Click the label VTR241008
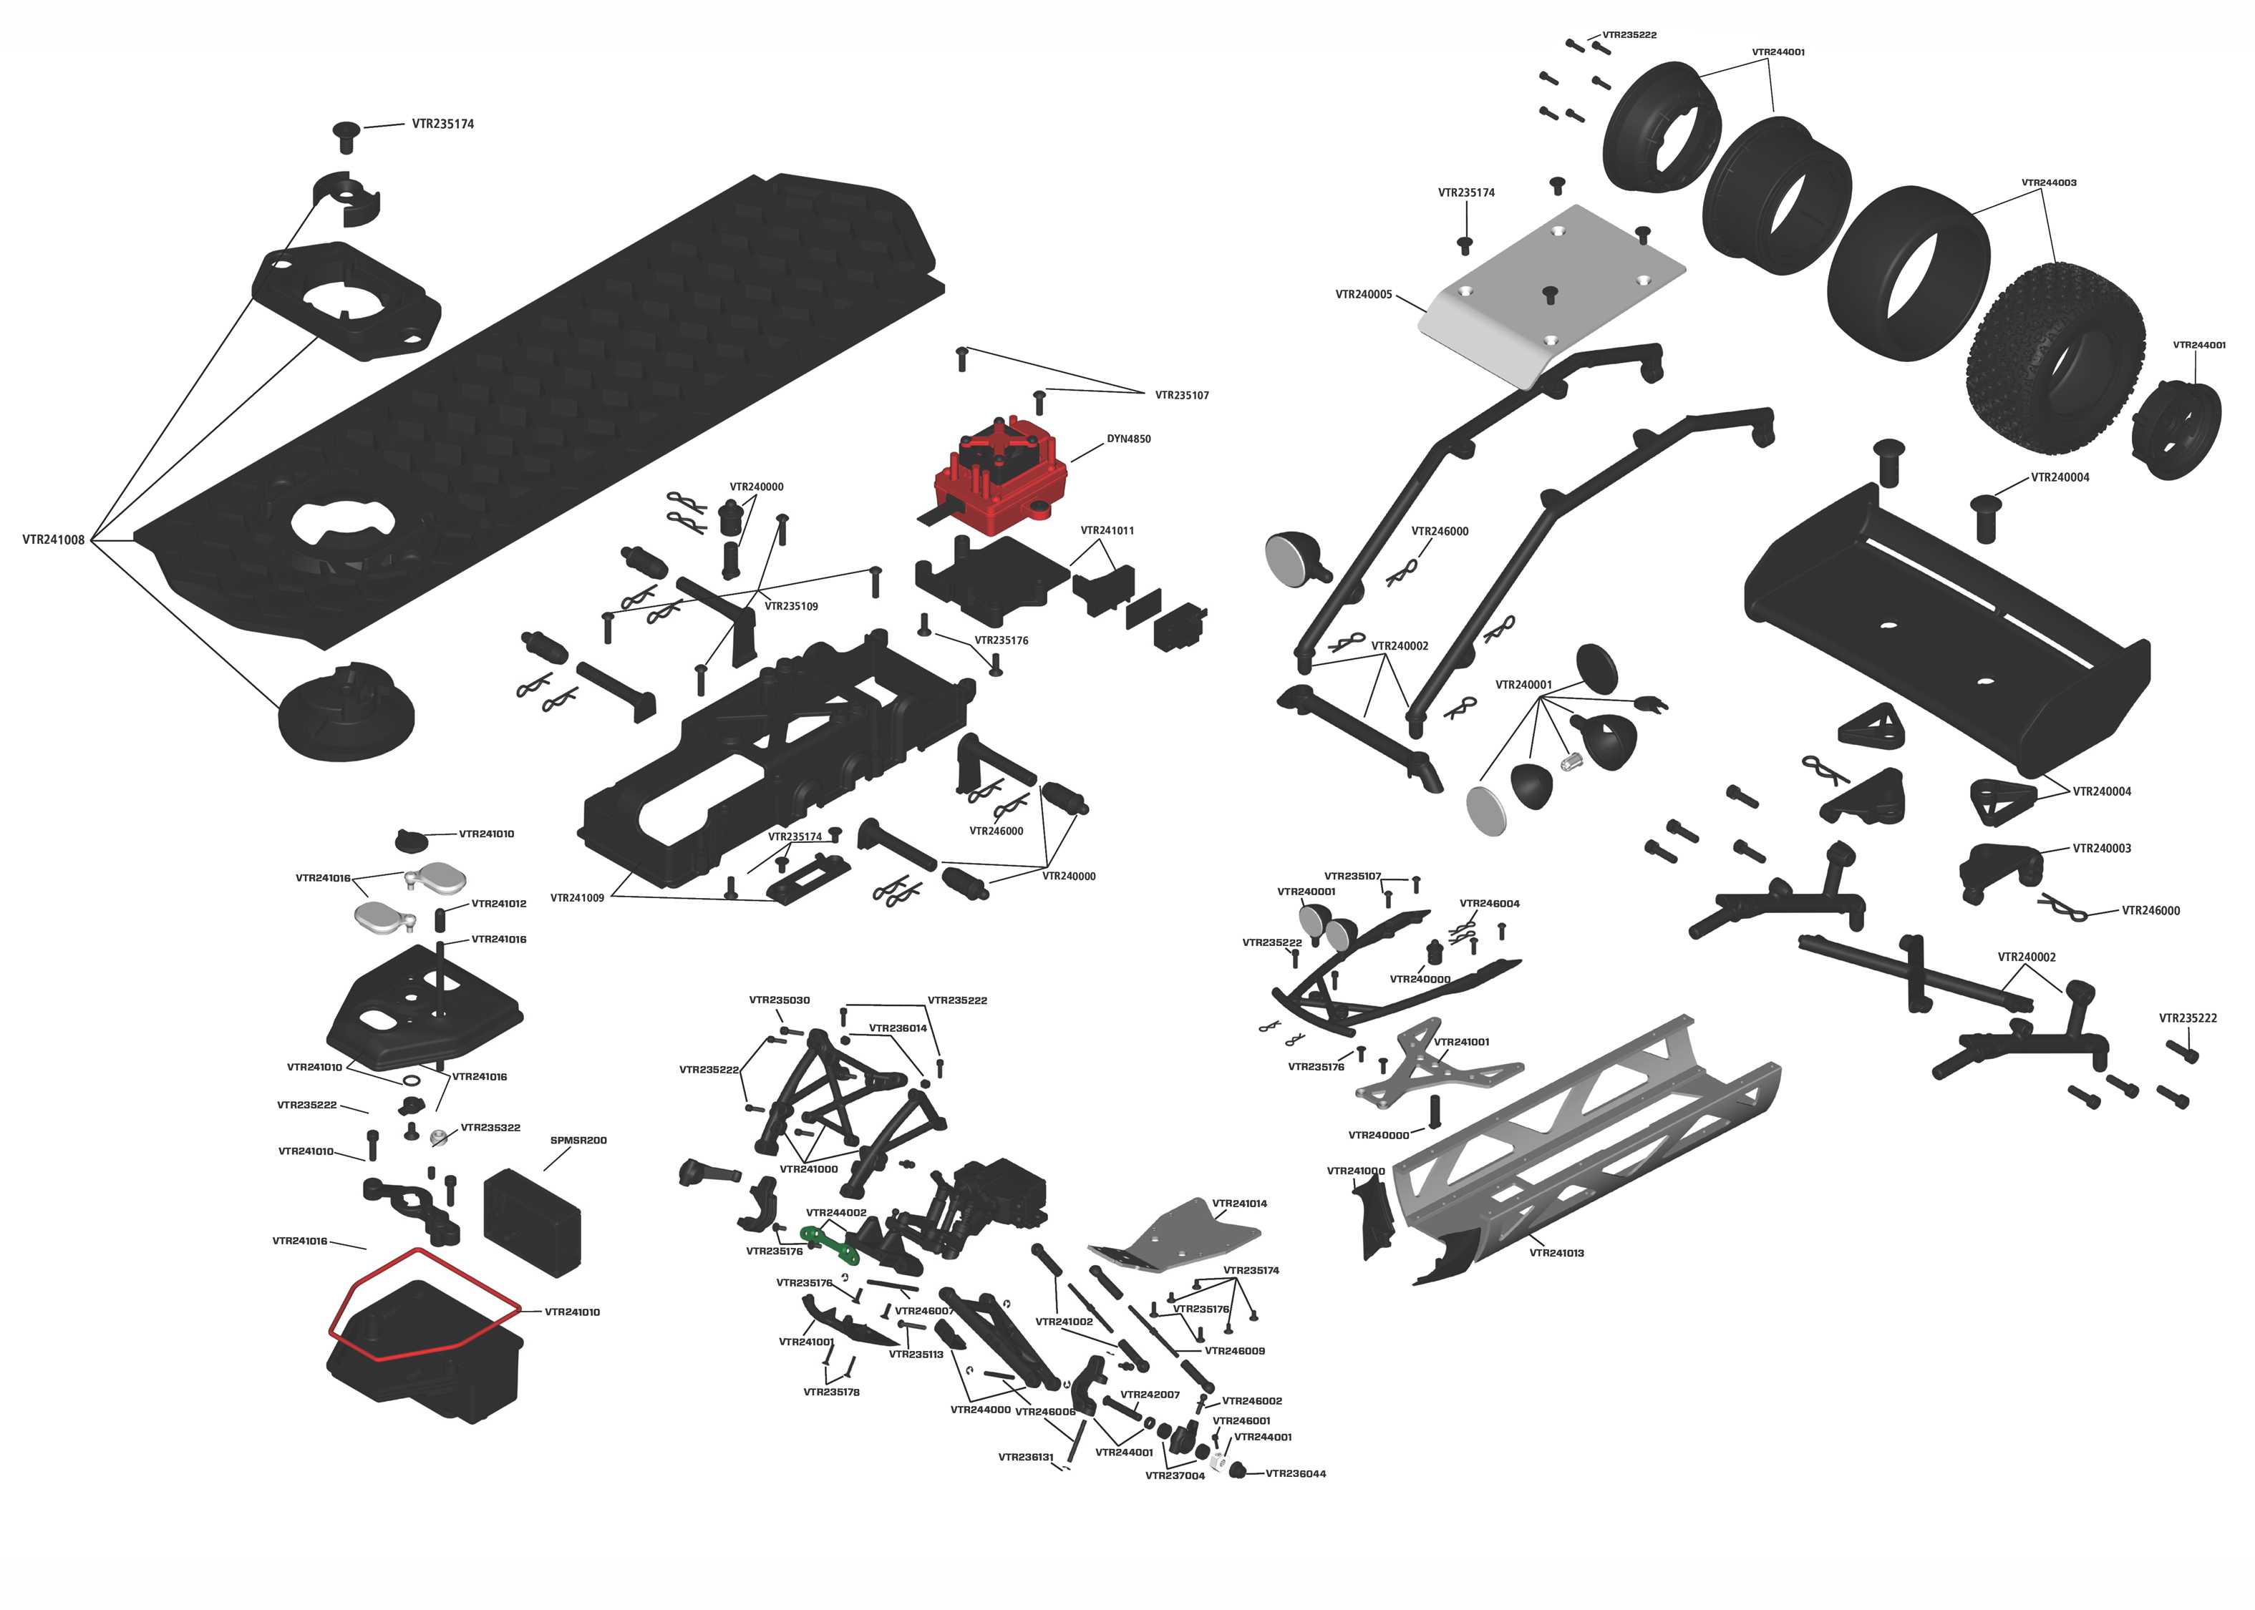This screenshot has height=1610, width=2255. pyautogui.click(x=54, y=540)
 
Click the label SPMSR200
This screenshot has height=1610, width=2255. pyautogui.click(x=578, y=1140)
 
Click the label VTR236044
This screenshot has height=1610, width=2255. pyautogui.click(x=1295, y=1473)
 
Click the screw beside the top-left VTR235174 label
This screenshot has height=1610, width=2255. pyautogui.click(x=346, y=137)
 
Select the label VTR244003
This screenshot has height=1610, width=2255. pyautogui.click(x=2049, y=182)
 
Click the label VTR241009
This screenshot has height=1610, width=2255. pyautogui.click(x=577, y=898)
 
